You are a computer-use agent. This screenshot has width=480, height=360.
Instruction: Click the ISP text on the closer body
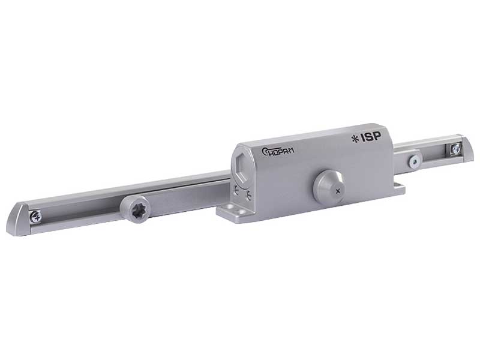(x=370, y=137)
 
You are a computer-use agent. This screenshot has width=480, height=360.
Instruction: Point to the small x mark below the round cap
(x=339, y=191)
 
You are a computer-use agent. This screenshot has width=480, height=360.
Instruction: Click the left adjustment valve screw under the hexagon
(x=236, y=193)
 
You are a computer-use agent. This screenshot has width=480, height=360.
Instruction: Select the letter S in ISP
(x=370, y=137)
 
